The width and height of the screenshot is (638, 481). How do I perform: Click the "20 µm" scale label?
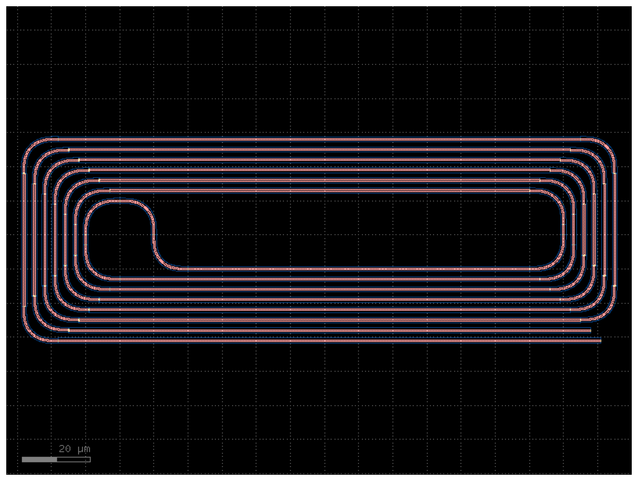[x=74, y=449]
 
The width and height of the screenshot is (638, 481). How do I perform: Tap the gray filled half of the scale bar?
[x=40, y=459]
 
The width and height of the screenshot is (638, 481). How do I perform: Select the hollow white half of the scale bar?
[x=73, y=459]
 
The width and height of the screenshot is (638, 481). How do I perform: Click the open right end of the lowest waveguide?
[x=601, y=341]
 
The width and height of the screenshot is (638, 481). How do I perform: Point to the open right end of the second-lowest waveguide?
[x=590, y=330]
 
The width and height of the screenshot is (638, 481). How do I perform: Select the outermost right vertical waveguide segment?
[x=615, y=229]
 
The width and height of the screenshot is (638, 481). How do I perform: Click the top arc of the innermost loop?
[x=120, y=200]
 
